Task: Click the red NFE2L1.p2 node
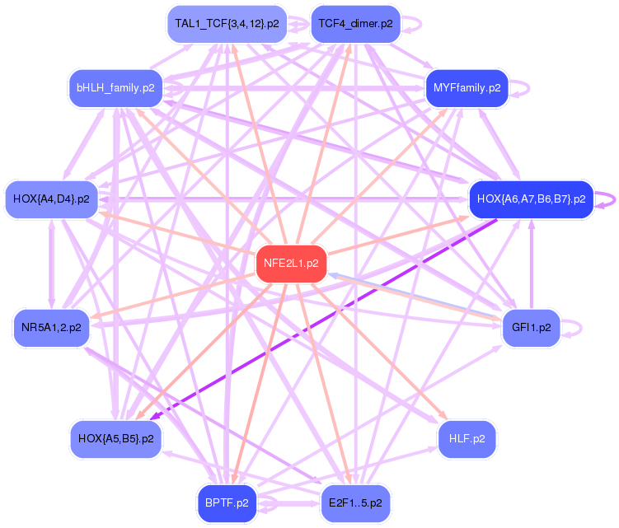(x=291, y=264)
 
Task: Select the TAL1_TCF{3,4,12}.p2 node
(x=225, y=24)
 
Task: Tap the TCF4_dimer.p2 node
(x=355, y=24)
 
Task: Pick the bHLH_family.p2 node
(x=115, y=87)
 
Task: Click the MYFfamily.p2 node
(x=467, y=87)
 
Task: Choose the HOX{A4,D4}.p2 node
(x=52, y=199)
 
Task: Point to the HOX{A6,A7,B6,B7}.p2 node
(x=531, y=199)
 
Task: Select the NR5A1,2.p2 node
(x=52, y=328)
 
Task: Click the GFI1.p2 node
(x=531, y=328)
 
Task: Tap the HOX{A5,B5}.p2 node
(x=115, y=439)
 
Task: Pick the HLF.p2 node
(x=467, y=439)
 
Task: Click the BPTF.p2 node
(x=227, y=502)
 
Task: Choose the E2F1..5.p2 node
(x=355, y=502)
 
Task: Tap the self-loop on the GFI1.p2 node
(x=578, y=328)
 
